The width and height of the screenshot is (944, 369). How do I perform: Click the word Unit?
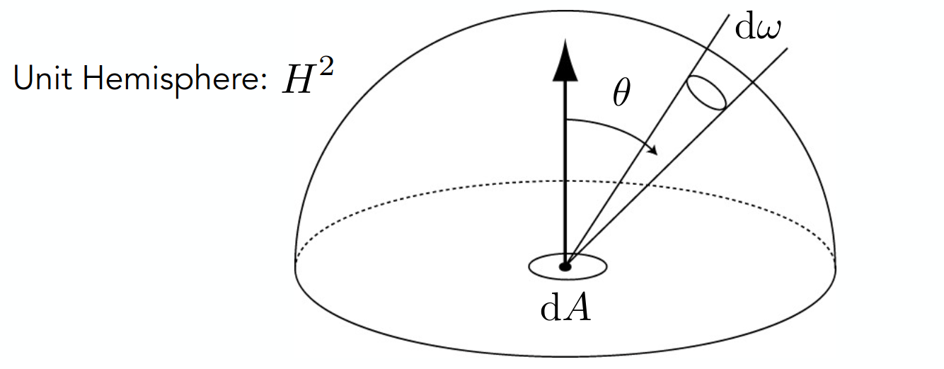[42, 78]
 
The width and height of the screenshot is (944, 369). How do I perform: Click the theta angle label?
[621, 93]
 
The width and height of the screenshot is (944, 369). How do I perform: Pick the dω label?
[758, 28]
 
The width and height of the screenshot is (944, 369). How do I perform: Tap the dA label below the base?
[566, 308]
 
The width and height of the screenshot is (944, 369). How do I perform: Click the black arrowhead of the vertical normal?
[565, 60]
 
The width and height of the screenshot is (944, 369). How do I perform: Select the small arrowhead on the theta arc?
[652, 150]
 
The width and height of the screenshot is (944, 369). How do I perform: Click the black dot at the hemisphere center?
[565, 266]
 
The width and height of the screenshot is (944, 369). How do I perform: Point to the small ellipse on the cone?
[706, 93]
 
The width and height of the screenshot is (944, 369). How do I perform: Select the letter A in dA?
[578, 308]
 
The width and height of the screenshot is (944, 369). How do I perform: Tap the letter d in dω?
[744, 28]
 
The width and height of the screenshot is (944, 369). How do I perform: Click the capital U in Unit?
[23, 78]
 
